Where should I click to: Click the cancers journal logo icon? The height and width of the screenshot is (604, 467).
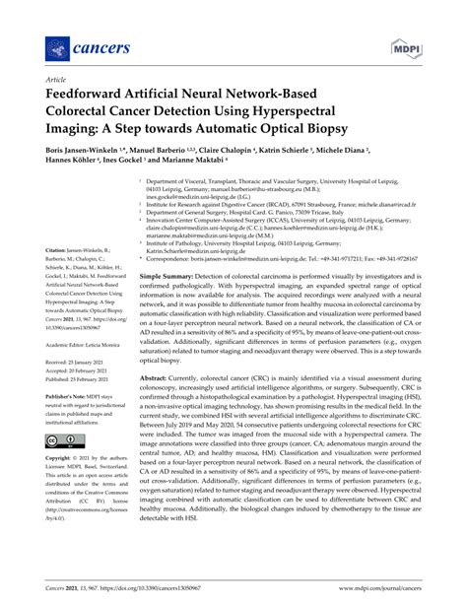pos(51,46)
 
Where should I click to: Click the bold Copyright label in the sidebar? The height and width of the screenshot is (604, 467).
pos(59,459)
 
